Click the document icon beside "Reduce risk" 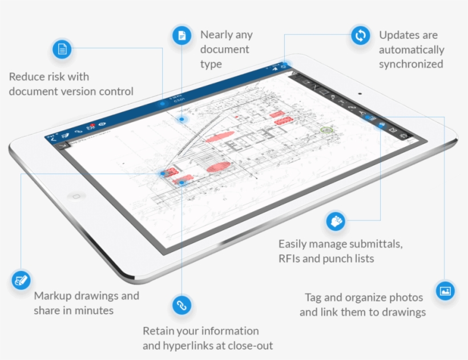point(62,50)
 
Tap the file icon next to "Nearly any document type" point(181,36)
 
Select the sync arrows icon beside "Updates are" point(360,36)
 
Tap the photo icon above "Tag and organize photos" point(445,290)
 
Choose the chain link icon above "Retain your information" point(181,305)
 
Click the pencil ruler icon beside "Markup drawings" point(21,280)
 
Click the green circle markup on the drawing point(326,130)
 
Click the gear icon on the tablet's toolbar point(405,136)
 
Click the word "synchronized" point(410,64)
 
